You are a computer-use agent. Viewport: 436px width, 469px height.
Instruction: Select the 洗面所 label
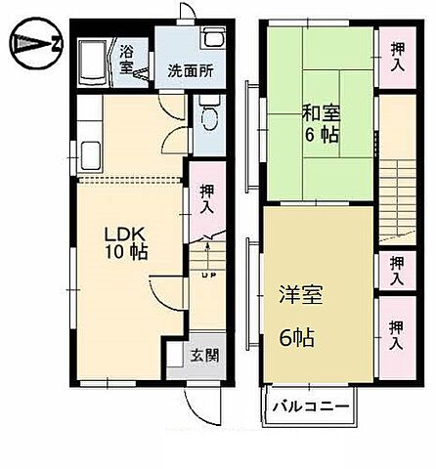point(186,70)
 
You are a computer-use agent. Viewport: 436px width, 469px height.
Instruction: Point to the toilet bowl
point(207,119)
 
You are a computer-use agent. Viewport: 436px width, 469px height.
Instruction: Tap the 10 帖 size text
point(127,254)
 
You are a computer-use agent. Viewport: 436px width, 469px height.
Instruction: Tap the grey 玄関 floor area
point(186,362)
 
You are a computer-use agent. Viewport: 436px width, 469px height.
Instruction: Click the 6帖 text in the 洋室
point(296,338)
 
